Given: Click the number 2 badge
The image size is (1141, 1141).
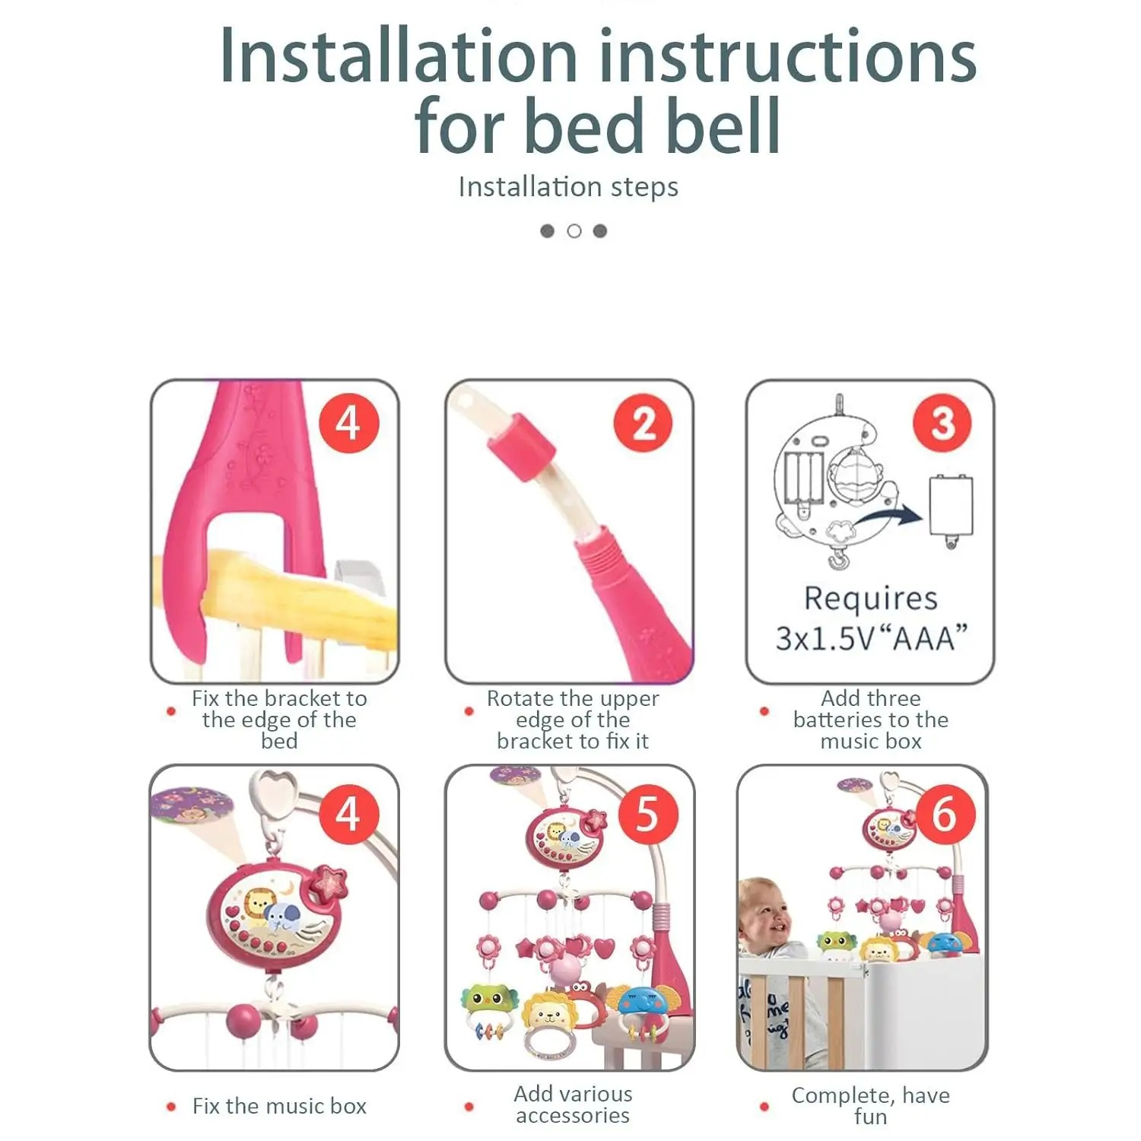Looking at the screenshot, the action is pyautogui.click(x=644, y=423).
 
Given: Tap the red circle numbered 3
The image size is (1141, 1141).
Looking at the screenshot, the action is pyautogui.click(x=942, y=423).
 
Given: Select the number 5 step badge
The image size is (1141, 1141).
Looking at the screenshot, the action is pyautogui.click(x=647, y=814).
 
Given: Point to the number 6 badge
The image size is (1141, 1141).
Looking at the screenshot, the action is pyautogui.click(x=945, y=814).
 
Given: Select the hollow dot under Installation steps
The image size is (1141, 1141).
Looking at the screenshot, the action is pyautogui.click(x=574, y=230).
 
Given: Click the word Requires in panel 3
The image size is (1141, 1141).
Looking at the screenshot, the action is pyautogui.click(x=871, y=599).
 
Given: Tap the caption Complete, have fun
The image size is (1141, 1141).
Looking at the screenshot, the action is pyautogui.click(x=870, y=1105).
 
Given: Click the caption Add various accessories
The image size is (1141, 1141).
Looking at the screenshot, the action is pyautogui.click(x=573, y=1104).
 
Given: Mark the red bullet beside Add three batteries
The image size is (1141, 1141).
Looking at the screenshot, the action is pyautogui.click(x=764, y=711).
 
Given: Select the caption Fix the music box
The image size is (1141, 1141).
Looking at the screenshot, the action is pyautogui.click(x=279, y=1105).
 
